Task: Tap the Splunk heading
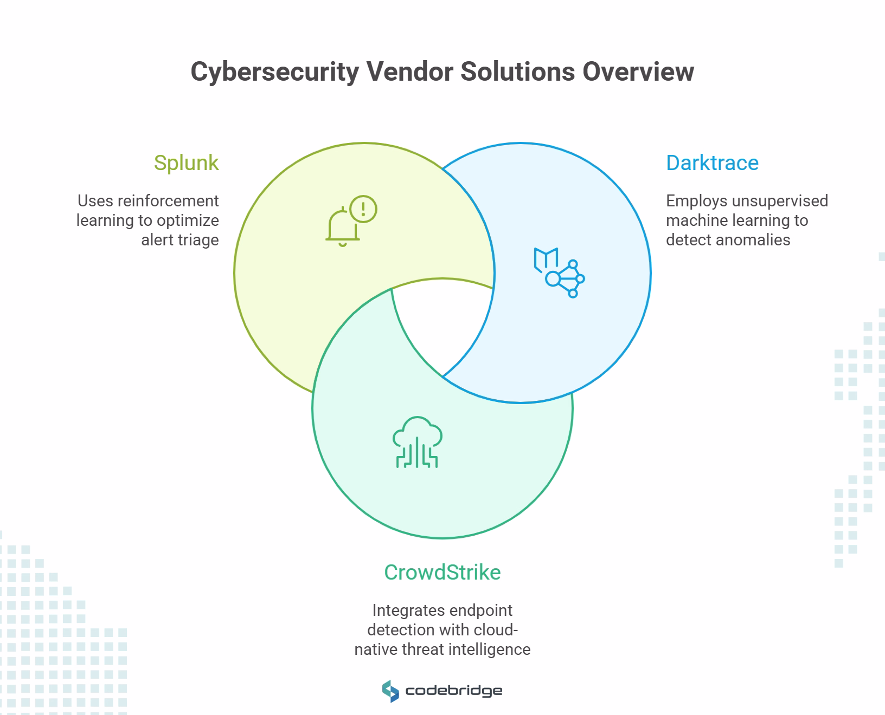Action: tap(186, 162)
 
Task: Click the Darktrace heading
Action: tap(712, 162)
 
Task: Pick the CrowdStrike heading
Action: tap(442, 572)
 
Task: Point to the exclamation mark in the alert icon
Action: tap(363, 209)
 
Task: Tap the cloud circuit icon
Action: tap(417, 442)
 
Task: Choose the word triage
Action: tap(195, 240)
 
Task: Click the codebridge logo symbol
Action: tap(390, 691)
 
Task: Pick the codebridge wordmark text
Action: tap(453, 691)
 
